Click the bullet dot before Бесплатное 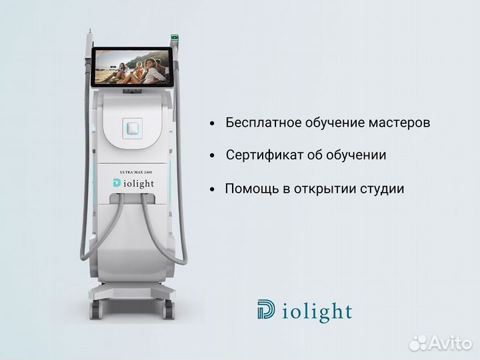[212, 124]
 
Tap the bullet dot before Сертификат [212, 156]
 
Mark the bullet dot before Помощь [212, 189]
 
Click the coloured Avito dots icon [418, 342]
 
